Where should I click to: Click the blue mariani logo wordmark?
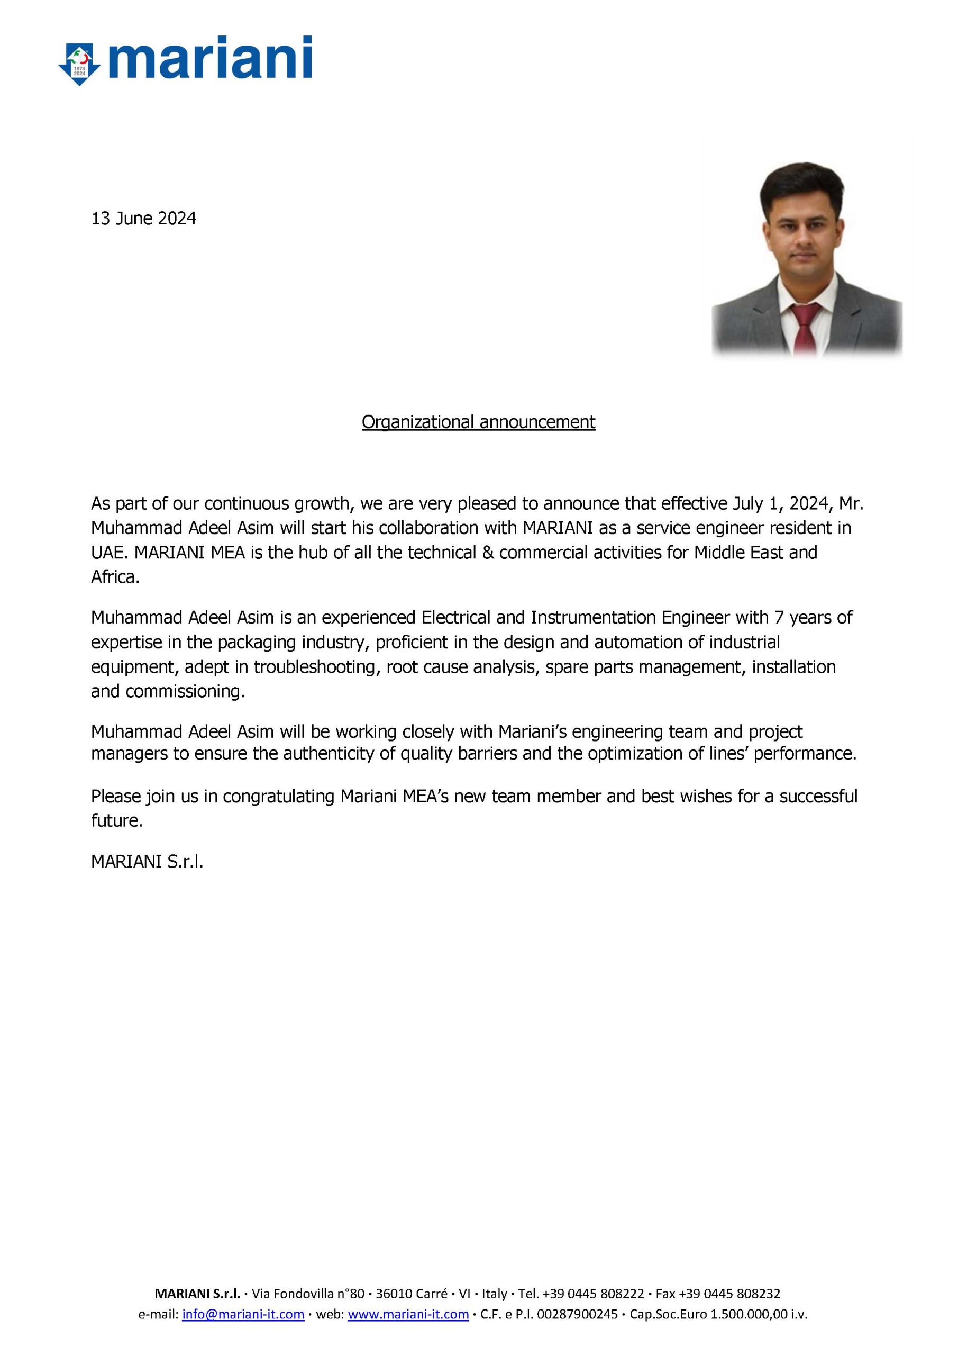209,58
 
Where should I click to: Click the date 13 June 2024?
143,219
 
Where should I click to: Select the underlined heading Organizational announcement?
478,422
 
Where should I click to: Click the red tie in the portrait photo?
806,328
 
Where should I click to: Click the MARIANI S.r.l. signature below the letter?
147,862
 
